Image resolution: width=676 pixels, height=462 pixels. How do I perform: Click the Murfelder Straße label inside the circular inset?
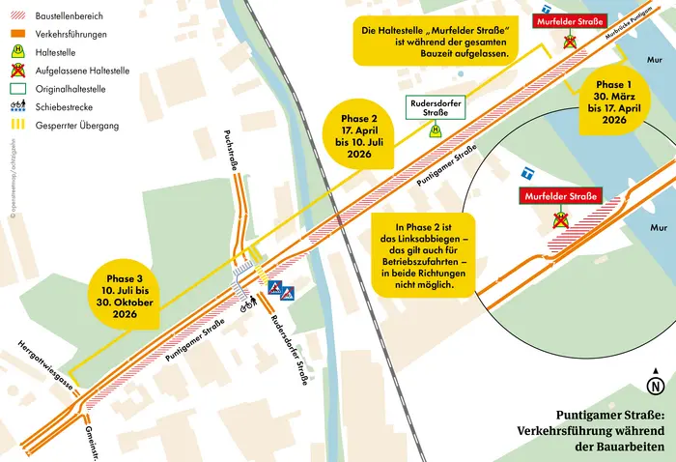(x=558, y=197)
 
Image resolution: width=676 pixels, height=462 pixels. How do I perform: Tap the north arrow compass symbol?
(x=656, y=386)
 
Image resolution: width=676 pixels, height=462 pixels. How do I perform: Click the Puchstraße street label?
(x=230, y=152)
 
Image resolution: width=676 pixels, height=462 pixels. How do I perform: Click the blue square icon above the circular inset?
(x=527, y=174)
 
